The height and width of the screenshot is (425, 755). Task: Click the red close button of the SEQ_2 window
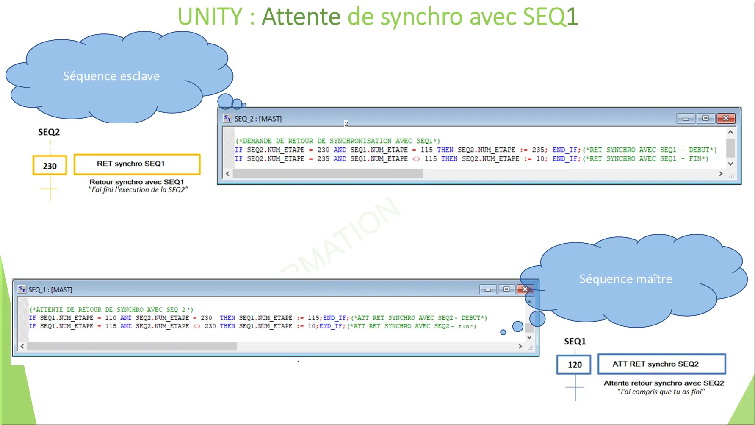click(x=726, y=118)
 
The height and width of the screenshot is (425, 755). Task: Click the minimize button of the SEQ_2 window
click(x=686, y=119)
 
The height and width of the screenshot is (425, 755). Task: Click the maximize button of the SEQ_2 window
click(x=705, y=118)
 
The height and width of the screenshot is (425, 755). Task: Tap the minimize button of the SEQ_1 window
click(x=488, y=289)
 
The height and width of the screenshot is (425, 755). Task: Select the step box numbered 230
click(x=50, y=166)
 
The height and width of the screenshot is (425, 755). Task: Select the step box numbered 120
click(x=574, y=364)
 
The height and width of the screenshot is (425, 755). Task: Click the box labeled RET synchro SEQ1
click(x=137, y=164)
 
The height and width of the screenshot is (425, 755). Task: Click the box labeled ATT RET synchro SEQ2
click(x=661, y=364)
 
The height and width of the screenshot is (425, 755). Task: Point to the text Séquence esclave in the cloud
click(x=111, y=76)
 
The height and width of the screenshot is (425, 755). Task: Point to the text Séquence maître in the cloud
click(x=625, y=279)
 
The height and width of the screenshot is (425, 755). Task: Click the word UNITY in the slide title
click(x=210, y=17)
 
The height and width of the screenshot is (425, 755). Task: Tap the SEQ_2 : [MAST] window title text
click(x=258, y=119)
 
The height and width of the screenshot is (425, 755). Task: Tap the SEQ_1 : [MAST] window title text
click(x=50, y=290)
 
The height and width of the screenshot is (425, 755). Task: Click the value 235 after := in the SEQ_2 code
click(x=538, y=150)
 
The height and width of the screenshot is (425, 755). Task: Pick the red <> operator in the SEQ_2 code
click(x=416, y=159)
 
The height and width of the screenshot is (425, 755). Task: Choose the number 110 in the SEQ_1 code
click(x=111, y=318)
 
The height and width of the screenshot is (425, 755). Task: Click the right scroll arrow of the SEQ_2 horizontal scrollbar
click(x=721, y=174)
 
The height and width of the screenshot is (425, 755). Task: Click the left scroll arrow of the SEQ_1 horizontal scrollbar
click(x=22, y=346)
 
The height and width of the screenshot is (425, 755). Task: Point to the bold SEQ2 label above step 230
click(x=49, y=132)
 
